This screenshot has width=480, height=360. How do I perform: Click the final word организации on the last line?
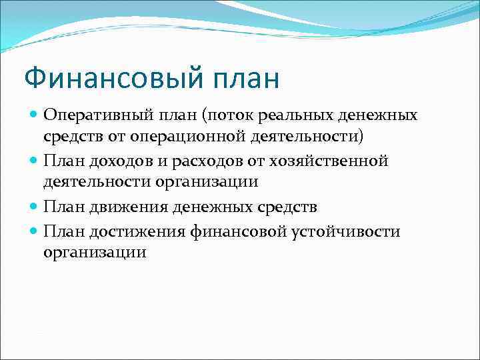click(x=95, y=253)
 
